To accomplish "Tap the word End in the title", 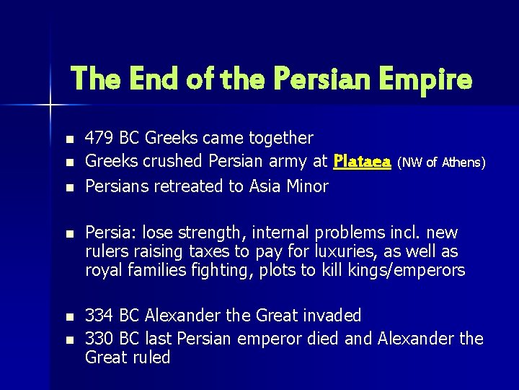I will (159, 78).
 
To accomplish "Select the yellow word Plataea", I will (363, 161).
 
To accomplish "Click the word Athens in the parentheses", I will (463, 162).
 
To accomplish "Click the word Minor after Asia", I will (307, 186).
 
